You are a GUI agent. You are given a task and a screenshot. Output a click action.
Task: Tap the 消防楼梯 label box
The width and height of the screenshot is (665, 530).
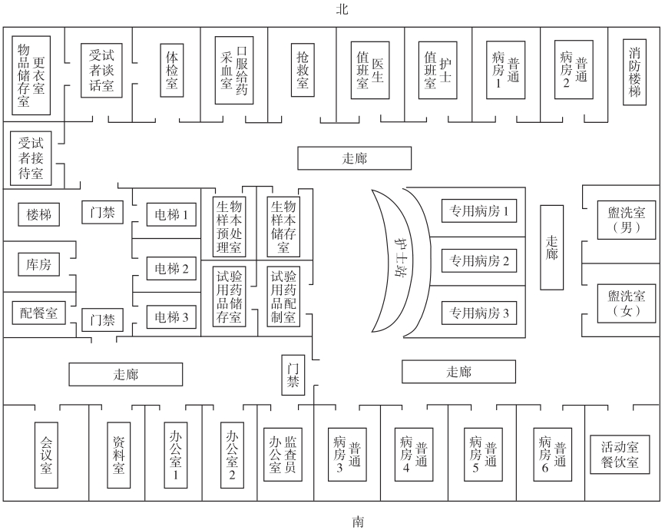point(634,71)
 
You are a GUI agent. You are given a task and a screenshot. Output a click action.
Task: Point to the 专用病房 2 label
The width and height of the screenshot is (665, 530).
point(479,261)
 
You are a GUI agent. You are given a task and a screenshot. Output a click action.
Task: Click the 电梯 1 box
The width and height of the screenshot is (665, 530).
point(171,214)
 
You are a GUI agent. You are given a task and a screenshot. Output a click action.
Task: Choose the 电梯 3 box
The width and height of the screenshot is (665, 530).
point(171,316)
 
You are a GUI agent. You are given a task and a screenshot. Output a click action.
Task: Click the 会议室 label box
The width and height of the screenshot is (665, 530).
point(46,455)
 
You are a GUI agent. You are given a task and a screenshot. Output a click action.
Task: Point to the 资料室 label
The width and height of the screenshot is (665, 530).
point(118,455)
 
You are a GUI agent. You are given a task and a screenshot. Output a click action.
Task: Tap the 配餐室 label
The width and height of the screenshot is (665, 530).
point(38,313)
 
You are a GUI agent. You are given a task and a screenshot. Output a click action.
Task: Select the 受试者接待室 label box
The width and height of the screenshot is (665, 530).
point(31,157)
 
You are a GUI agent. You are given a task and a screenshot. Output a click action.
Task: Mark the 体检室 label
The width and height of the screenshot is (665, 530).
point(172,69)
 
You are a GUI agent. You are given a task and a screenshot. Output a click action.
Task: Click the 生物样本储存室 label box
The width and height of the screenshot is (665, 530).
point(283,226)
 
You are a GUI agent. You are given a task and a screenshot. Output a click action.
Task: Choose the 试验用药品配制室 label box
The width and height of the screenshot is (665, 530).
point(283,296)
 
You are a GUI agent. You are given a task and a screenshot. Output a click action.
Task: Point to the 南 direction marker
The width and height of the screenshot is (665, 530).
point(358,521)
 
